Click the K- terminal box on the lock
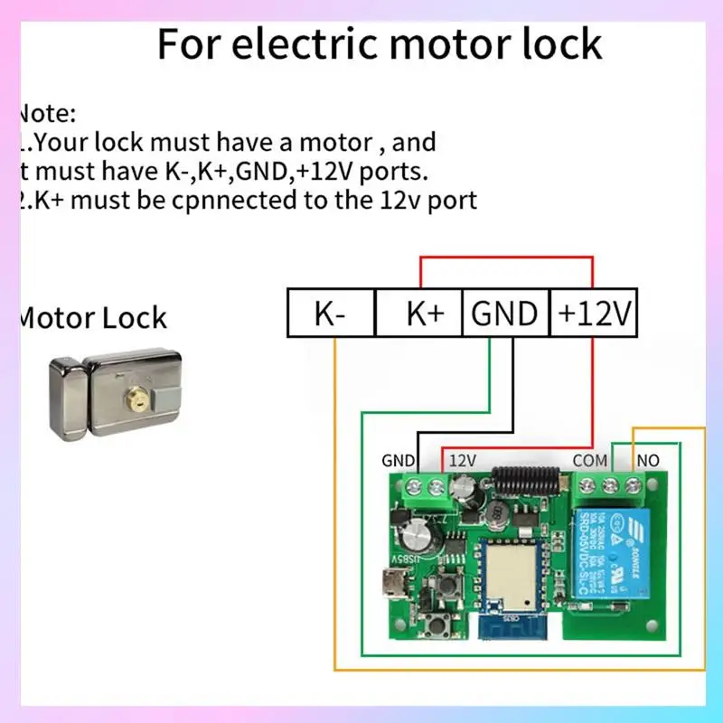pos(331,314)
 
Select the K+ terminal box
pos(419,314)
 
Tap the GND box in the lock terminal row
pos(505,314)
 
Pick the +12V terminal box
pos(594,314)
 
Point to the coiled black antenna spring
pos(525,479)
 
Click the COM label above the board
pos(589,460)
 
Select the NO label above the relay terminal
pos(648,460)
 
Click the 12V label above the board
pos(463,460)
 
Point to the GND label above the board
pos(398,460)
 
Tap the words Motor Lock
pos(93,317)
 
